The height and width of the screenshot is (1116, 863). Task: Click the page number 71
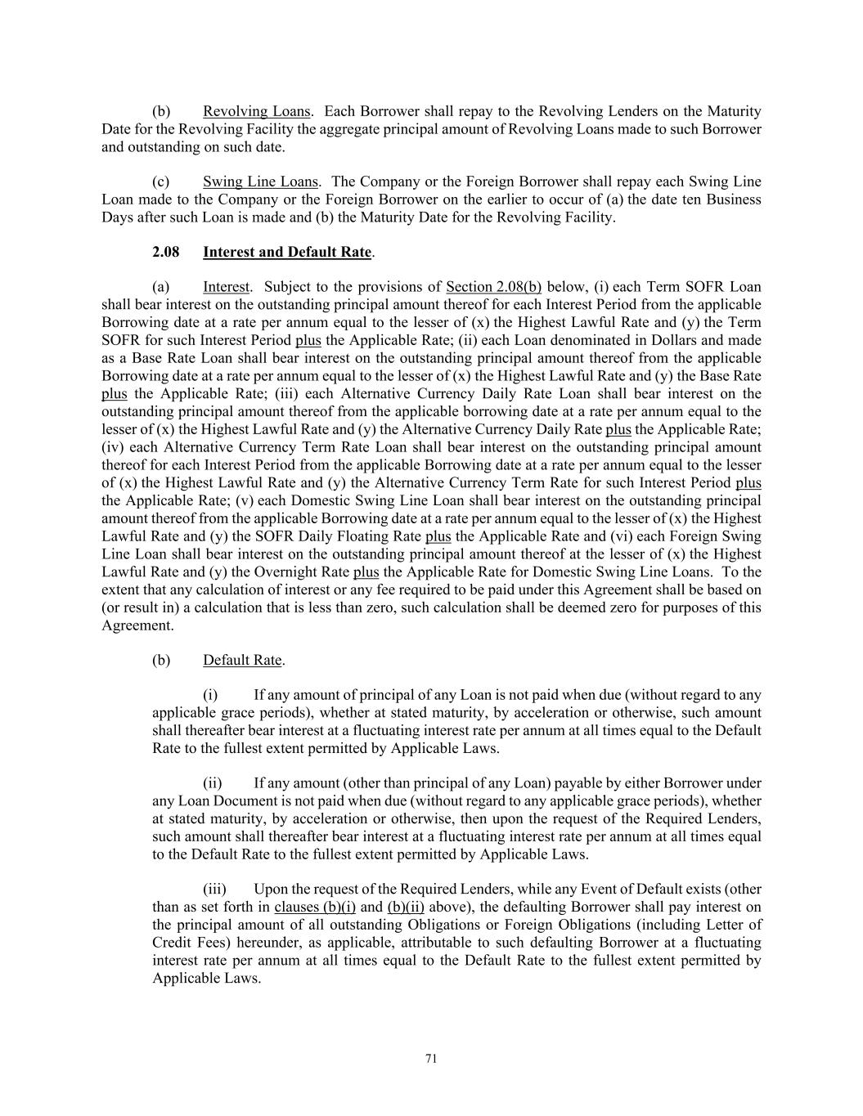432,1059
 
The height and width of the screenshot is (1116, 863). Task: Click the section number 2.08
166,252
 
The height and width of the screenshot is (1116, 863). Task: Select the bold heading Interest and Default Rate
287,252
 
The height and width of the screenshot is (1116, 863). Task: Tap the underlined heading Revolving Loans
257,111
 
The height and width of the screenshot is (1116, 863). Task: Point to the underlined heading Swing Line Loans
261,182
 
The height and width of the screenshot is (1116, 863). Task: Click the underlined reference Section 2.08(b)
493,287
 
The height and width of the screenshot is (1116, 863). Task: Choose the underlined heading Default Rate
242,660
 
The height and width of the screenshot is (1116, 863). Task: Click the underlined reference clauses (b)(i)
315,907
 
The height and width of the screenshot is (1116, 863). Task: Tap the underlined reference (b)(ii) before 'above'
406,907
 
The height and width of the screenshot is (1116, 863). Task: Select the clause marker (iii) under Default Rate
214,889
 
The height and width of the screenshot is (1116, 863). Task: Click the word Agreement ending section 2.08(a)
126,625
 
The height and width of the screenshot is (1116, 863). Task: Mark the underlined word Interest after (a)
226,287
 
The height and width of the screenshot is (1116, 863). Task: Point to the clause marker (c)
161,182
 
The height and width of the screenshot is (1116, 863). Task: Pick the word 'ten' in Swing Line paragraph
690,199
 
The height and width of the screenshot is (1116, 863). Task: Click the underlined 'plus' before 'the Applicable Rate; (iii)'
114,394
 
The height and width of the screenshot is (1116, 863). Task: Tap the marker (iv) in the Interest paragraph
113,447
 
